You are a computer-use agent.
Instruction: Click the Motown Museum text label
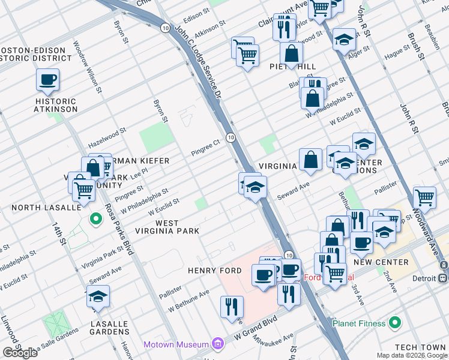[176, 344]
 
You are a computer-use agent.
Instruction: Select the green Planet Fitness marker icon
[394, 323]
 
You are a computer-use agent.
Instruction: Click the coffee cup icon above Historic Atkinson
[47, 79]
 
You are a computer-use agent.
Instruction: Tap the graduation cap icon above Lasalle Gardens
[98, 296]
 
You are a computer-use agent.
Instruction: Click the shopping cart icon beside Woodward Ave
[424, 196]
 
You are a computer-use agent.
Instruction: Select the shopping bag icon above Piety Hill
[291, 53]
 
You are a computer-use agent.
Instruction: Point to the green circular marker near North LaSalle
[95, 219]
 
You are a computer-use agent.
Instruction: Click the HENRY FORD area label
[215, 271]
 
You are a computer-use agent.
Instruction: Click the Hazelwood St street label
[107, 137]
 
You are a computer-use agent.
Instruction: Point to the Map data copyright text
[412, 355]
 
